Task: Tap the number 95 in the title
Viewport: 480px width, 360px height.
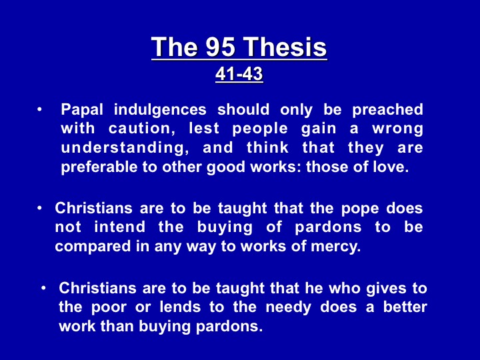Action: point(221,47)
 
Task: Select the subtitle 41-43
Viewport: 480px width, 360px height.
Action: point(239,74)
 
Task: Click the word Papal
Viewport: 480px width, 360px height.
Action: point(82,110)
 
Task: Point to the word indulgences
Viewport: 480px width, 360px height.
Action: point(160,110)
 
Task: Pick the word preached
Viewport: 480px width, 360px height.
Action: point(387,110)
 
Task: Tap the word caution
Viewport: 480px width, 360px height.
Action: point(142,128)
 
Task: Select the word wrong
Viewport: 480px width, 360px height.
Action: point(397,129)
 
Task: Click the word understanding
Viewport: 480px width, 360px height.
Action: point(125,147)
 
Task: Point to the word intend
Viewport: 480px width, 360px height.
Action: point(120,227)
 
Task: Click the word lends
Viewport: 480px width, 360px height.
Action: point(180,307)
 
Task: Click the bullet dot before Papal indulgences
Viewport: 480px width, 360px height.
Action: point(39,109)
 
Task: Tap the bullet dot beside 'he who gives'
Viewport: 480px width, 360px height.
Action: point(44,289)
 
